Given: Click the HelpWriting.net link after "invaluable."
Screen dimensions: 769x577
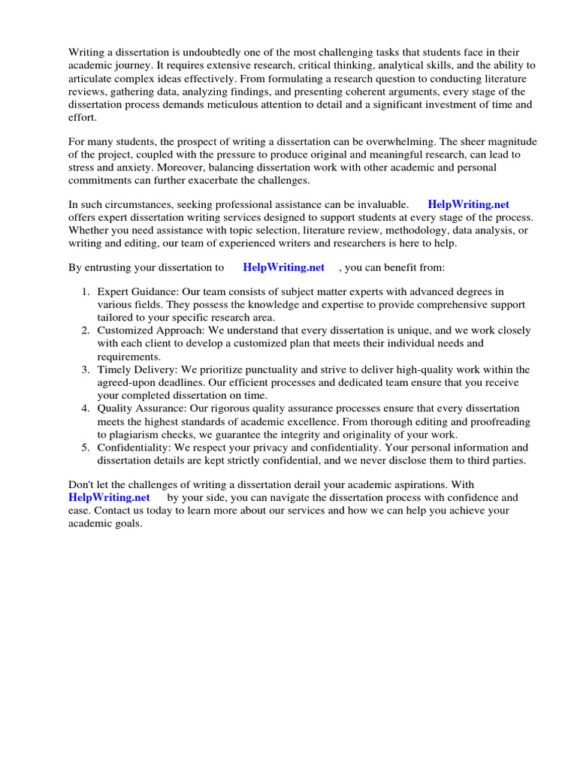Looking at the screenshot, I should tap(468, 204).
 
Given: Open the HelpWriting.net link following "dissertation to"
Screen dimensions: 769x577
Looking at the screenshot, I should tap(284, 267).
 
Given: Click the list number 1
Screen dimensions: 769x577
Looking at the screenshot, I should tap(86, 291).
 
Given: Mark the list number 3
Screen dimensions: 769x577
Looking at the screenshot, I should tap(86, 369).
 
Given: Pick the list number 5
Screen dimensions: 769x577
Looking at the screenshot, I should tap(86, 448).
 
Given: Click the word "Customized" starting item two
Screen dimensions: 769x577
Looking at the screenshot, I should tap(123, 330).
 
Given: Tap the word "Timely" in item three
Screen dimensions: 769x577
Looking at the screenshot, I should tap(113, 369).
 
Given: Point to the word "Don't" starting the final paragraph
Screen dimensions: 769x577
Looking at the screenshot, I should tap(82, 484).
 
